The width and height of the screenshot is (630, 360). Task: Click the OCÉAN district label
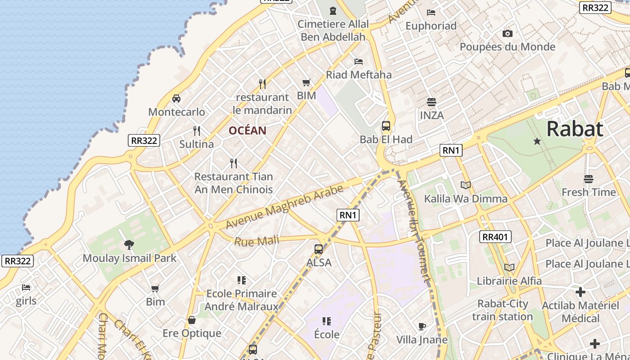click(x=247, y=130)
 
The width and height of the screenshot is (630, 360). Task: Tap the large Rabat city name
click(x=575, y=129)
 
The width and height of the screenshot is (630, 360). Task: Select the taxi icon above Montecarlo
click(x=176, y=99)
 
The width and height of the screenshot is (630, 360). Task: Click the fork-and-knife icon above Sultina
click(x=197, y=131)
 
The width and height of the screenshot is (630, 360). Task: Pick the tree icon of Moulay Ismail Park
click(x=129, y=244)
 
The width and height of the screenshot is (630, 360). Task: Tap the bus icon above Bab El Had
click(x=386, y=126)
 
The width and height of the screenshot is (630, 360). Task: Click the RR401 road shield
click(x=496, y=237)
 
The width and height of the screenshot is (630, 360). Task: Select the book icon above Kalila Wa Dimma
click(x=465, y=185)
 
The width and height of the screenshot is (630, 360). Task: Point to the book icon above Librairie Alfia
click(x=509, y=267)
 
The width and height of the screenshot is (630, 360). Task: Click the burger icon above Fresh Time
click(x=588, y=179)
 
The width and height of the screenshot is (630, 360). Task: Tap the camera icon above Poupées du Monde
click(x=507, y=33)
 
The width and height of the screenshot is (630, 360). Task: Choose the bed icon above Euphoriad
click(x=431, y=13)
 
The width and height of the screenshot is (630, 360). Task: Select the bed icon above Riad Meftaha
click(x=359, y=61)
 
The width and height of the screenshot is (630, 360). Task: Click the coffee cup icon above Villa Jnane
click(x=422, y=326)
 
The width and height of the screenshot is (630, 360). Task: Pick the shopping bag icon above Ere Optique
click(x=192, y=320)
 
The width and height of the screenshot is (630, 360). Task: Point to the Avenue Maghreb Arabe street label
click(x=284, y=207)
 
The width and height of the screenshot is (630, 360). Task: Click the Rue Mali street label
click(x=256, y=241)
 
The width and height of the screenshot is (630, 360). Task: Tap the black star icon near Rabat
click(x=537, y=141)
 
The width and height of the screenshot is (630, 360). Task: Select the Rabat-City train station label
click(x=502, y=310)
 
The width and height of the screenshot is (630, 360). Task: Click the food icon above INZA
click(x=432, y=102)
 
